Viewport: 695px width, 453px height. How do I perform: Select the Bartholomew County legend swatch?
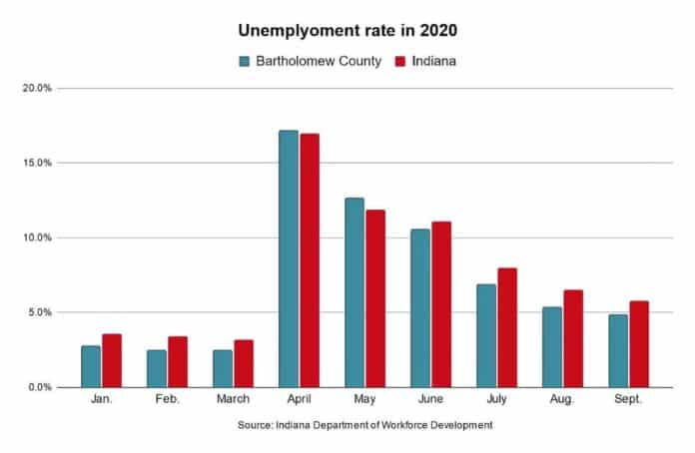(245, 61)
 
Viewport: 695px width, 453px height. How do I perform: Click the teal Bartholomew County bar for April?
(289, 258)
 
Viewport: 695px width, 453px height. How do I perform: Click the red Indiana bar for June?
(441, 304)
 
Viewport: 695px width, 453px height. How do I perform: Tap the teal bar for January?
(91, 366)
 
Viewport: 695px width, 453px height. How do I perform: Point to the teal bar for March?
(223, 368)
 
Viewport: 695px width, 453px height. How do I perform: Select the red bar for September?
(639, 343)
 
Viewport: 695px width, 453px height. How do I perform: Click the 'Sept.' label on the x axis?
(628, 402)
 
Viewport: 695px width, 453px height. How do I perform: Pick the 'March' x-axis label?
(233, 402)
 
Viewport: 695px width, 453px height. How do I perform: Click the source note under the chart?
(365, 426)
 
